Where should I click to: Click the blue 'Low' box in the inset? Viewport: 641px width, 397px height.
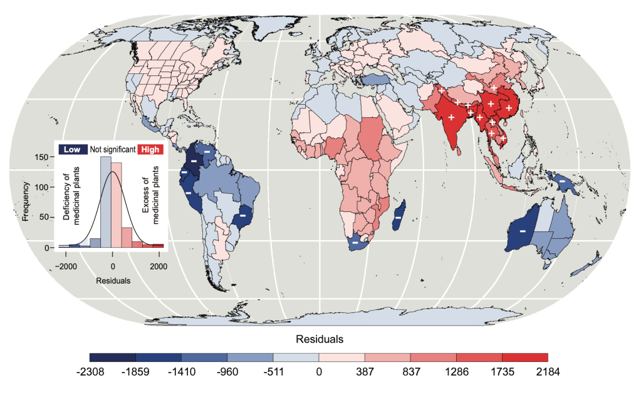click(71, 149)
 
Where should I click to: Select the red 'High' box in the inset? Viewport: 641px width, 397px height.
click(151, 149)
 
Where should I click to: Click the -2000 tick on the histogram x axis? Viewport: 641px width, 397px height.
click(66, 266)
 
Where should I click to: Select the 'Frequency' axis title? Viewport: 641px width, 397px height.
click(26, 201)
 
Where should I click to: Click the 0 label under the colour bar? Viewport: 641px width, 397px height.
click(319, 371)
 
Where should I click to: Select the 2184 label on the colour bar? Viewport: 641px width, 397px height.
click(547, 371)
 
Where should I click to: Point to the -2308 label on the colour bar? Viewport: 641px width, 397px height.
click(90, 371)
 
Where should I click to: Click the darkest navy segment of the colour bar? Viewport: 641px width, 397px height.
click(112, 357)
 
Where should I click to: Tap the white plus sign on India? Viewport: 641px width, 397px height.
click(451, 118)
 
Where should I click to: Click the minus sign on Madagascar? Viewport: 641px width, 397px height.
click(398, 217)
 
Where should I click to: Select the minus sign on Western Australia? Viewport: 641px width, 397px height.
click(522, 231)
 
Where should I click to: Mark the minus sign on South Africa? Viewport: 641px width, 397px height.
click(355, 242)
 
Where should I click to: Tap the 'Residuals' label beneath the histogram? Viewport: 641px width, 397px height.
click(113, 281)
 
